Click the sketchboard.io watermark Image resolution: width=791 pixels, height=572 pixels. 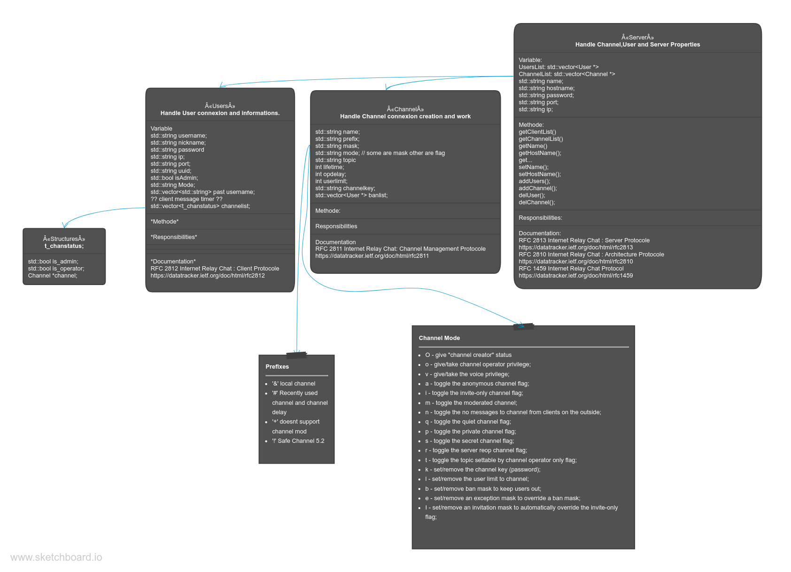pos(56,557)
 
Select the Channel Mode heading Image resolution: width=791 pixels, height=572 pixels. pos(439,338)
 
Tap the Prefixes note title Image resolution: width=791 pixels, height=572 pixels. pos(277,367)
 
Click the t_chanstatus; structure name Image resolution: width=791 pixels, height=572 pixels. pos(64,246)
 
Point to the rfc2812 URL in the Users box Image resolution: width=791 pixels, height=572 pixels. pos(208,276)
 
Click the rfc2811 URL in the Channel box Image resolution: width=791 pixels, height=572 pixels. pos(372,256)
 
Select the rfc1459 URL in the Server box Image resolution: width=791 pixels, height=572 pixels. pos(575,276)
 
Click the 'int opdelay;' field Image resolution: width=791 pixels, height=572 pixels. pos(331,174)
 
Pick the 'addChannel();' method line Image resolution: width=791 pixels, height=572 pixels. pos(538,188)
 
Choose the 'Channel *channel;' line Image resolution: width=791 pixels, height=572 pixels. pos(53,276)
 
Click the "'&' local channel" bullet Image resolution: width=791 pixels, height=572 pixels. pos(294,384)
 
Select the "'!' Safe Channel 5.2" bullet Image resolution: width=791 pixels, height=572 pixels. pos(298,441)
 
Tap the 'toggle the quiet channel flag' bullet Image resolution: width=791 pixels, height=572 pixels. pos(468,422)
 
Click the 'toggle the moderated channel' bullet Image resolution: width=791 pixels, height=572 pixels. pos(471,403)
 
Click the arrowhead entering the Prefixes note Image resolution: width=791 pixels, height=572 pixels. pos(297,352)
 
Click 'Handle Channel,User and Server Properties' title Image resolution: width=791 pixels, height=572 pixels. pos(637,45)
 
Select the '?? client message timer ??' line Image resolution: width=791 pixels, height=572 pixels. pos(186,199)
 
